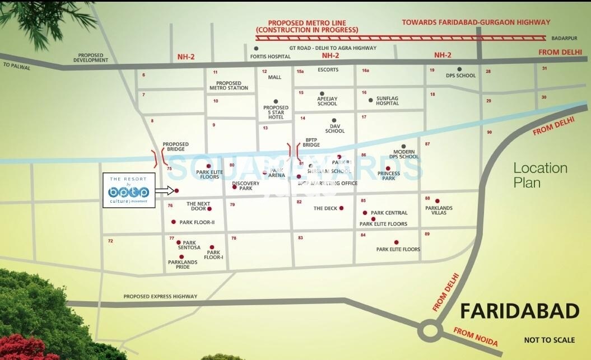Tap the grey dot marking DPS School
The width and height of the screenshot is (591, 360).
tap(459, 69)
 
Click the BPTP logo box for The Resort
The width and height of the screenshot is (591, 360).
tap(129, 190)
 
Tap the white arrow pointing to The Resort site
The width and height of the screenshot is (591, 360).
tap(165, 190)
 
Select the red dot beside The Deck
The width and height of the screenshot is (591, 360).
tap(341, 208)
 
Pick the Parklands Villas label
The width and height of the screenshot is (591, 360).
tap(439, 211)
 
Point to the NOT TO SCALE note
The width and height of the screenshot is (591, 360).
tap(549, 340)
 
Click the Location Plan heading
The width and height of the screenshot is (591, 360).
tap(540, 174)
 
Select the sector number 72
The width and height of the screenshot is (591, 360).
tap(110, 241)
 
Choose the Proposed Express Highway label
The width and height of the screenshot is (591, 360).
tap(160, 296)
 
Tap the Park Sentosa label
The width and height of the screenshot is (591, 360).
tap(189, 245)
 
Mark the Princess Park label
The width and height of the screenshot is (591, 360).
tap(389, 176)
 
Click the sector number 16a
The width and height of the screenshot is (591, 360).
tap(365, 71)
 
